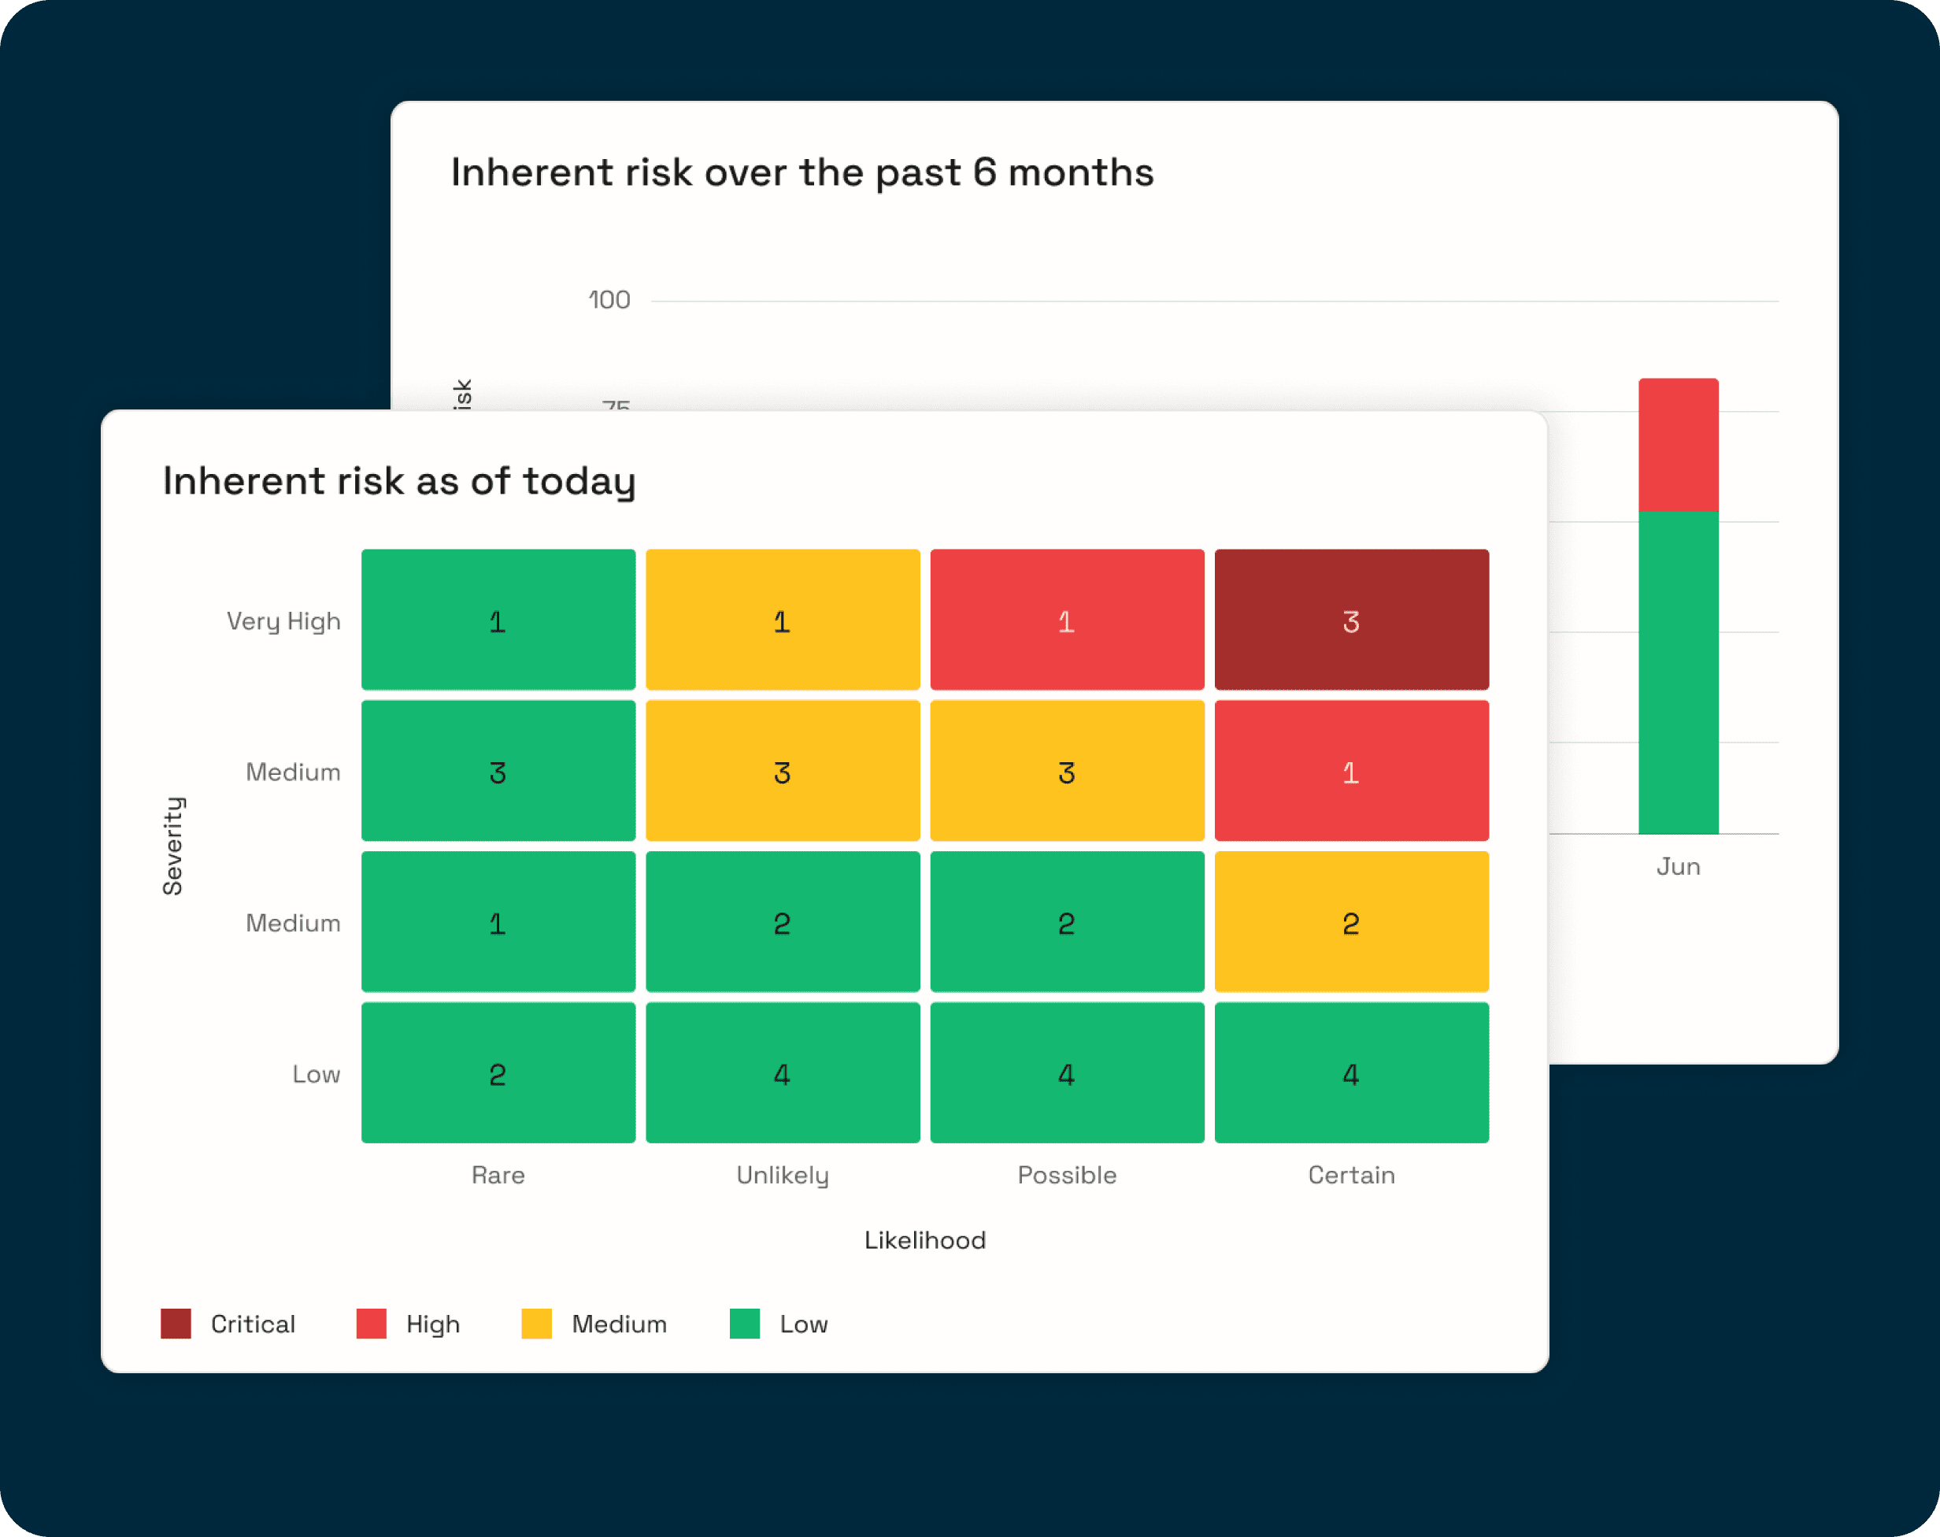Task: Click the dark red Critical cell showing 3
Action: (x=1350, y=620)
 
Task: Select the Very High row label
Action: (x=283, y=621)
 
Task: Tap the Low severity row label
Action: (x=316, y=1073)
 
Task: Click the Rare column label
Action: (x=498, y=1174)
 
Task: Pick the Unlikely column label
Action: (x=782, y=1174)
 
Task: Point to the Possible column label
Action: (x=1066, y=1174)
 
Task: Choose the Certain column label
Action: (x=1350, y=1174)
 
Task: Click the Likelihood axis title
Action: (x=924, y=1240)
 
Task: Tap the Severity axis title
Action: (x=172, y=846)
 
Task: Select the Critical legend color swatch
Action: (x=176, y=1324)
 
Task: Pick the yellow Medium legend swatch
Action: (x=536, y=1324)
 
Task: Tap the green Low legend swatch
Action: (x=744, y=1324)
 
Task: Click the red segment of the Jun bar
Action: (x=1678, y=445)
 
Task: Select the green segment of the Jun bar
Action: (x=1678, y=672)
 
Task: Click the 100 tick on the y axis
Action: (x=609, y=300)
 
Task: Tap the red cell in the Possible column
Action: (x=1066, y=620)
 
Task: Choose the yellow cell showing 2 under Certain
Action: (x=1350, y=922)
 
